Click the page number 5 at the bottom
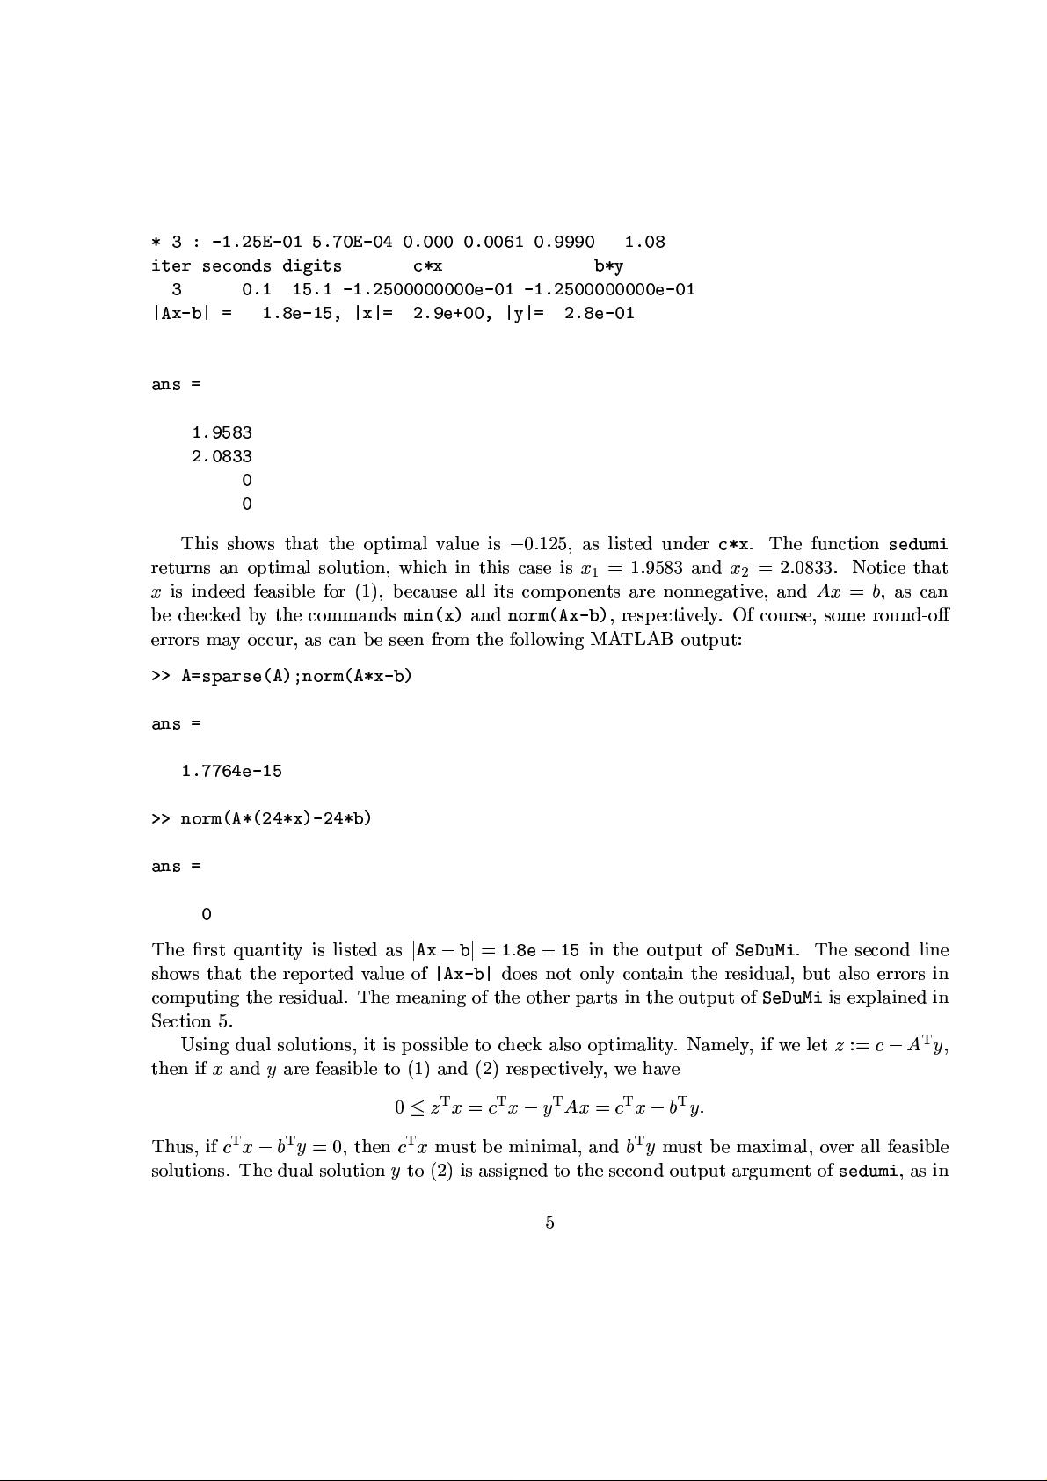tap(549, 1223)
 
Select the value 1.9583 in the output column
tap(222, 432)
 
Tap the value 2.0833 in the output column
tap(222, 456)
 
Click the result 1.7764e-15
tap(231, 771)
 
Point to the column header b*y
tap(608, 265)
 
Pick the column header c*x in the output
tap(427, 265)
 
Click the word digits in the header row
tap(312, 265)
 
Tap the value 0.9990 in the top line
tap(563, 242)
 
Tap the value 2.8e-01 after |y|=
tap(599, 313)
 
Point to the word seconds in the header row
tap(236, 265)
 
